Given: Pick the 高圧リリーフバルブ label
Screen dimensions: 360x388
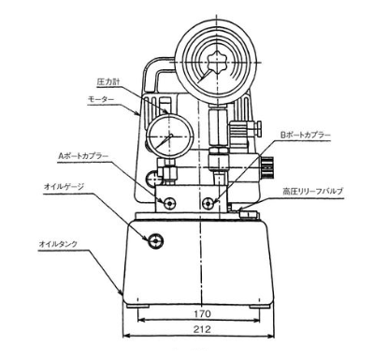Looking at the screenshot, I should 313,191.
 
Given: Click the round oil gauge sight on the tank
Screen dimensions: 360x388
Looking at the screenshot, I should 152,240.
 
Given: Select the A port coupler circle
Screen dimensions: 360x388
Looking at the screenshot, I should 168,204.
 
